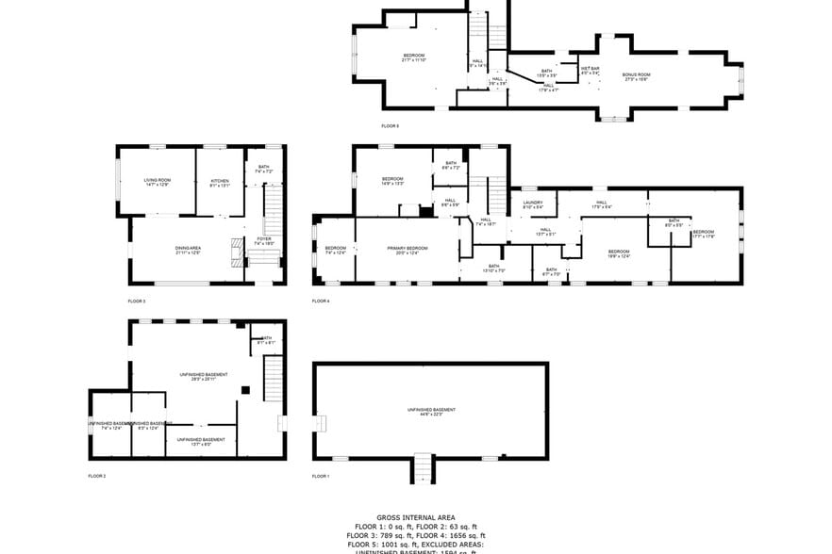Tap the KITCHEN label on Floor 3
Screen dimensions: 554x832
pyautogui.click(x=220, y=182)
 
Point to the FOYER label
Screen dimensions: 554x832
pyautogui.click(x=264, y=240)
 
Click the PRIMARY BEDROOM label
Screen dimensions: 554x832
pyautogui.click(x=408, y=249)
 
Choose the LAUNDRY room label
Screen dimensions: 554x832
pyautogui.click(x=533, y=204)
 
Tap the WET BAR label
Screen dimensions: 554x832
pyautogui.click(x=590, y=70)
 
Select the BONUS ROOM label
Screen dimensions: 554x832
pyautogui.click(x=636, y=75)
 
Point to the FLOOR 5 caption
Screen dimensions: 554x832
pyautogui.click(x=390, y=125)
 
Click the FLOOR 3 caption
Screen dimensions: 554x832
pyautogui.click(x=137, y=301)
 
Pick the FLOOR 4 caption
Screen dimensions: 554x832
pyautogui.click(x=321, y=301)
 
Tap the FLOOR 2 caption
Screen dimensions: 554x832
pyautogui.click(x=97, y=476)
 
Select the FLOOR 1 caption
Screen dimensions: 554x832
pyautogui.click(x=321, y=476)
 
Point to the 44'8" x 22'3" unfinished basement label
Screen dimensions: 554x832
pyautogui.click(x=431, y=412)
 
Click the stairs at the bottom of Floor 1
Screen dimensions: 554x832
pyautogui.click(x=424, y=466)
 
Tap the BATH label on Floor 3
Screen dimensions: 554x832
pyautogui.click(x=263, y=169)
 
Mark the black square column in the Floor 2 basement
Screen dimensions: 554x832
pyautogui.click(x=244, y=390)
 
